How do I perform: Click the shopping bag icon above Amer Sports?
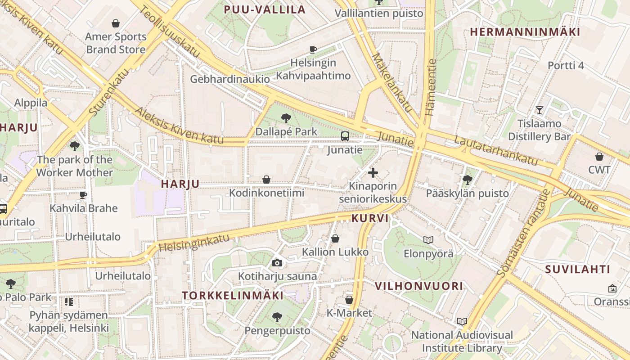click(x=116, y=23)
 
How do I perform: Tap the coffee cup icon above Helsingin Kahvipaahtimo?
click(x=313, y=49)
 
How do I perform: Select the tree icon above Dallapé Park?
click(x=286, y=118)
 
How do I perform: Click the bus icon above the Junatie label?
click(x=345, y=136)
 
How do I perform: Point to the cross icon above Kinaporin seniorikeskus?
click(x=373, y=172)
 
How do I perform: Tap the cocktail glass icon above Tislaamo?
click(x=539, y=110)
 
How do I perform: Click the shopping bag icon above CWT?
click(x=599, y=157)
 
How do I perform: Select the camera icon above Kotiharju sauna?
click(x=277, y=263)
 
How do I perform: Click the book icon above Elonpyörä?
click(x=428, y=240)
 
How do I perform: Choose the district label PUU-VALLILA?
click(x=265, y=9)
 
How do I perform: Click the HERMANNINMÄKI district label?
click(x=525, y=32)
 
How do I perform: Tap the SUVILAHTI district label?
click(x=578, y=270)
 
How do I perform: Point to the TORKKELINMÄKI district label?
click(x=233, y=296)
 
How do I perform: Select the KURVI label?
click(x=369, y=218)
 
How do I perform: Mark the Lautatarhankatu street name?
click(x=495, y=150)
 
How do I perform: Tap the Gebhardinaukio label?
click(x=230, y=79)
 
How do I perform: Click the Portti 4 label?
click(x=566, y=66)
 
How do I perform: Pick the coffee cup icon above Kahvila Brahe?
click(x=83, y=195)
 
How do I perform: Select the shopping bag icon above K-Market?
click(x=349, y=300)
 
